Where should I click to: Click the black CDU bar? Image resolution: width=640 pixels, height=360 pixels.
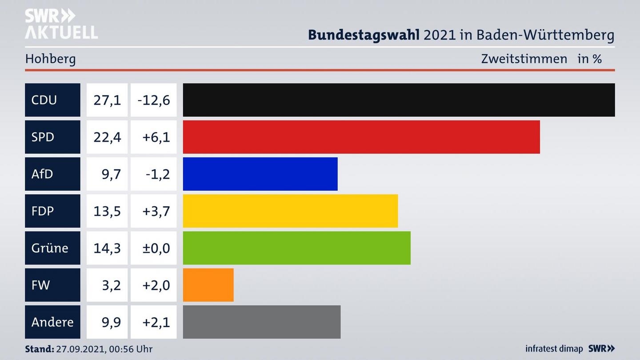(x=399, y=100)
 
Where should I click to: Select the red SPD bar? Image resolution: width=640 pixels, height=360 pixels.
(x=361, y=137)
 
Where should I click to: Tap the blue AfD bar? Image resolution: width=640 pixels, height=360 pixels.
(x=260, y=174)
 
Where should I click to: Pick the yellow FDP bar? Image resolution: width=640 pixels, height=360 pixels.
(x=290, y=211)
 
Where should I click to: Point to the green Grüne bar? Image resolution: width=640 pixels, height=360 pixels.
(x=296, y=248)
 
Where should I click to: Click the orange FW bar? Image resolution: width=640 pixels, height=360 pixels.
(x=208, y=285)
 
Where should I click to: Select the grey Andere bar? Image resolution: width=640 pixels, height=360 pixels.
(x=261, y=322)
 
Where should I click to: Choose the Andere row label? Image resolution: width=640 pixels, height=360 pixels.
(x=52, y=322)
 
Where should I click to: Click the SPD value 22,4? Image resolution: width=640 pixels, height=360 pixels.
(x=107, y=137)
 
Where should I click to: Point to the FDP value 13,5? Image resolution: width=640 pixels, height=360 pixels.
(x=107, y=211)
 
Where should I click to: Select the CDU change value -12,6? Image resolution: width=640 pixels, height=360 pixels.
(x=154, y=100)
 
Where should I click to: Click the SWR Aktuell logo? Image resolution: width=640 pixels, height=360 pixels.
(x=61, y=24)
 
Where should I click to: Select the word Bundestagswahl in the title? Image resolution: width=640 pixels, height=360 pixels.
(x=364, y=35)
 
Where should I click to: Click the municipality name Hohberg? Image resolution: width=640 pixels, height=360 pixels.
(x=50, y=59)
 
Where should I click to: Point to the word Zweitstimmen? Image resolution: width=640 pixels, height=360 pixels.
(x=524, y=59)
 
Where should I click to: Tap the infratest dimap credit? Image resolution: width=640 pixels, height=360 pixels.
(x=554, y=349)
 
